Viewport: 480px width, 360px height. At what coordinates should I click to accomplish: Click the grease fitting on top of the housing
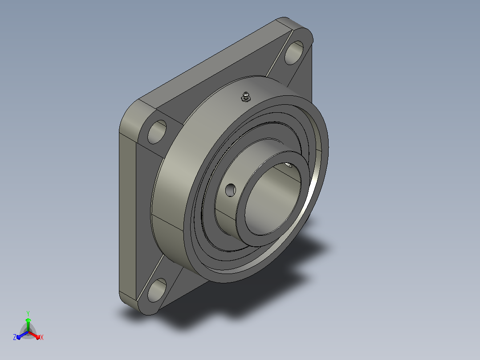click(x=246, y=97)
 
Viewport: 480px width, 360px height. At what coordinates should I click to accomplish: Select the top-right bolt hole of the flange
click(x=294, y=53)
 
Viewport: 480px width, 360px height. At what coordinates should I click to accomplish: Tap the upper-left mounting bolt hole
click(x=157, y=132)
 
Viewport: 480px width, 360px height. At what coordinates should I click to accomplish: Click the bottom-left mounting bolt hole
click(x=157, y=290)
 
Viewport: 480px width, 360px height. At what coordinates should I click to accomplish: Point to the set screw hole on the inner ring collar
click(x=231, y=190)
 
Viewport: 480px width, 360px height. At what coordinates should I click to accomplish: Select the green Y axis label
click(x=28, y=313)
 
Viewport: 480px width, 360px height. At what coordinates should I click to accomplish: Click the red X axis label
click(x=42, y=337)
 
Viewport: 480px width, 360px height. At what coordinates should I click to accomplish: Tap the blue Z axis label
click(x=14, y=337)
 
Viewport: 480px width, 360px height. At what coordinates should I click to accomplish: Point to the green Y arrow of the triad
click(x=28, y=324)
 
